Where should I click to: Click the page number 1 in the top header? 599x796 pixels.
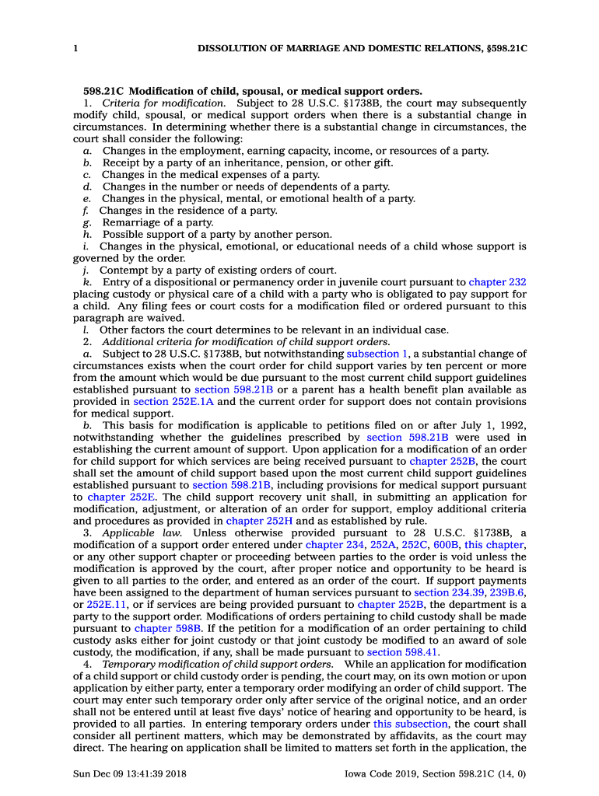[75, 48]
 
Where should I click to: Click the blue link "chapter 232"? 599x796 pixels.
[497, 283]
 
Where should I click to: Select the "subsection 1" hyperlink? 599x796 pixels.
[378, 354]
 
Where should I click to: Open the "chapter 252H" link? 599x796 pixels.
[255, 521]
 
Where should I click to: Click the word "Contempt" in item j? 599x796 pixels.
[124, 271]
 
